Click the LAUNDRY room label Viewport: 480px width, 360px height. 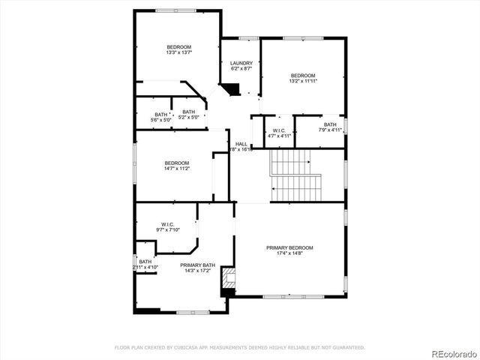tap(241, 63)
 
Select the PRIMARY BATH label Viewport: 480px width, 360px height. tap(197, 265)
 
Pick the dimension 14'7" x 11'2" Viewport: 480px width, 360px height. tap(177, 169)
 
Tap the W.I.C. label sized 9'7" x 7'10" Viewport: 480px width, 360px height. tap(167, 229)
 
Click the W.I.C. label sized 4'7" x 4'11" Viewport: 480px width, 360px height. tap(279, 136)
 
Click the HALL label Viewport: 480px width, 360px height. tap(241, 144)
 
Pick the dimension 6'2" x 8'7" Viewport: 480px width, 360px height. tap(241, 68)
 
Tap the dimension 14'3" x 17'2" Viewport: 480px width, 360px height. tap(197, 271)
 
